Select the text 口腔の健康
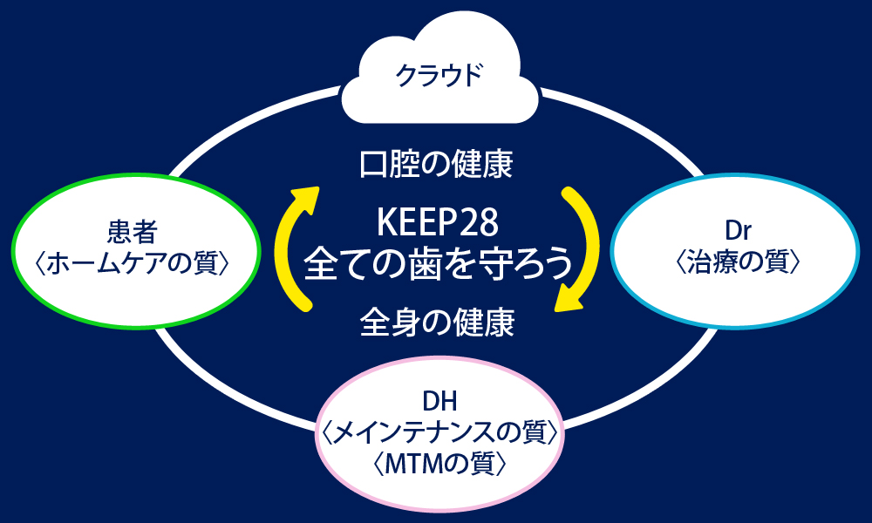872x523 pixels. point(436,164)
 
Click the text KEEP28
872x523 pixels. point(437,223)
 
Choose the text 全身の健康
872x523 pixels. point(436,324)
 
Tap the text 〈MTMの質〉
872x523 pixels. point(439,463)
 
